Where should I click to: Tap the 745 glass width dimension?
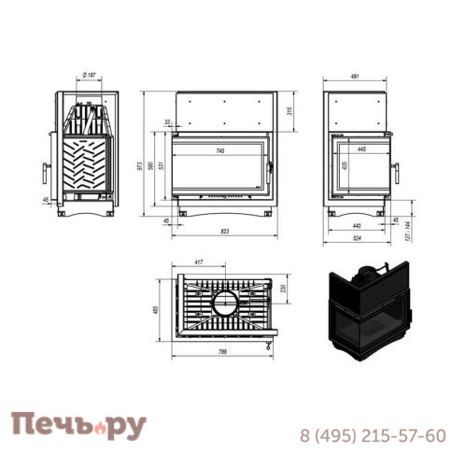[219, 150]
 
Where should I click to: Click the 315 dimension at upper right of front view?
[290, 111]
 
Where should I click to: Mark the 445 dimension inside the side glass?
[360, 149]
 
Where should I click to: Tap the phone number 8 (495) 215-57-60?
[372, 435]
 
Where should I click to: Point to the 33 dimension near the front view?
[166, 122]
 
